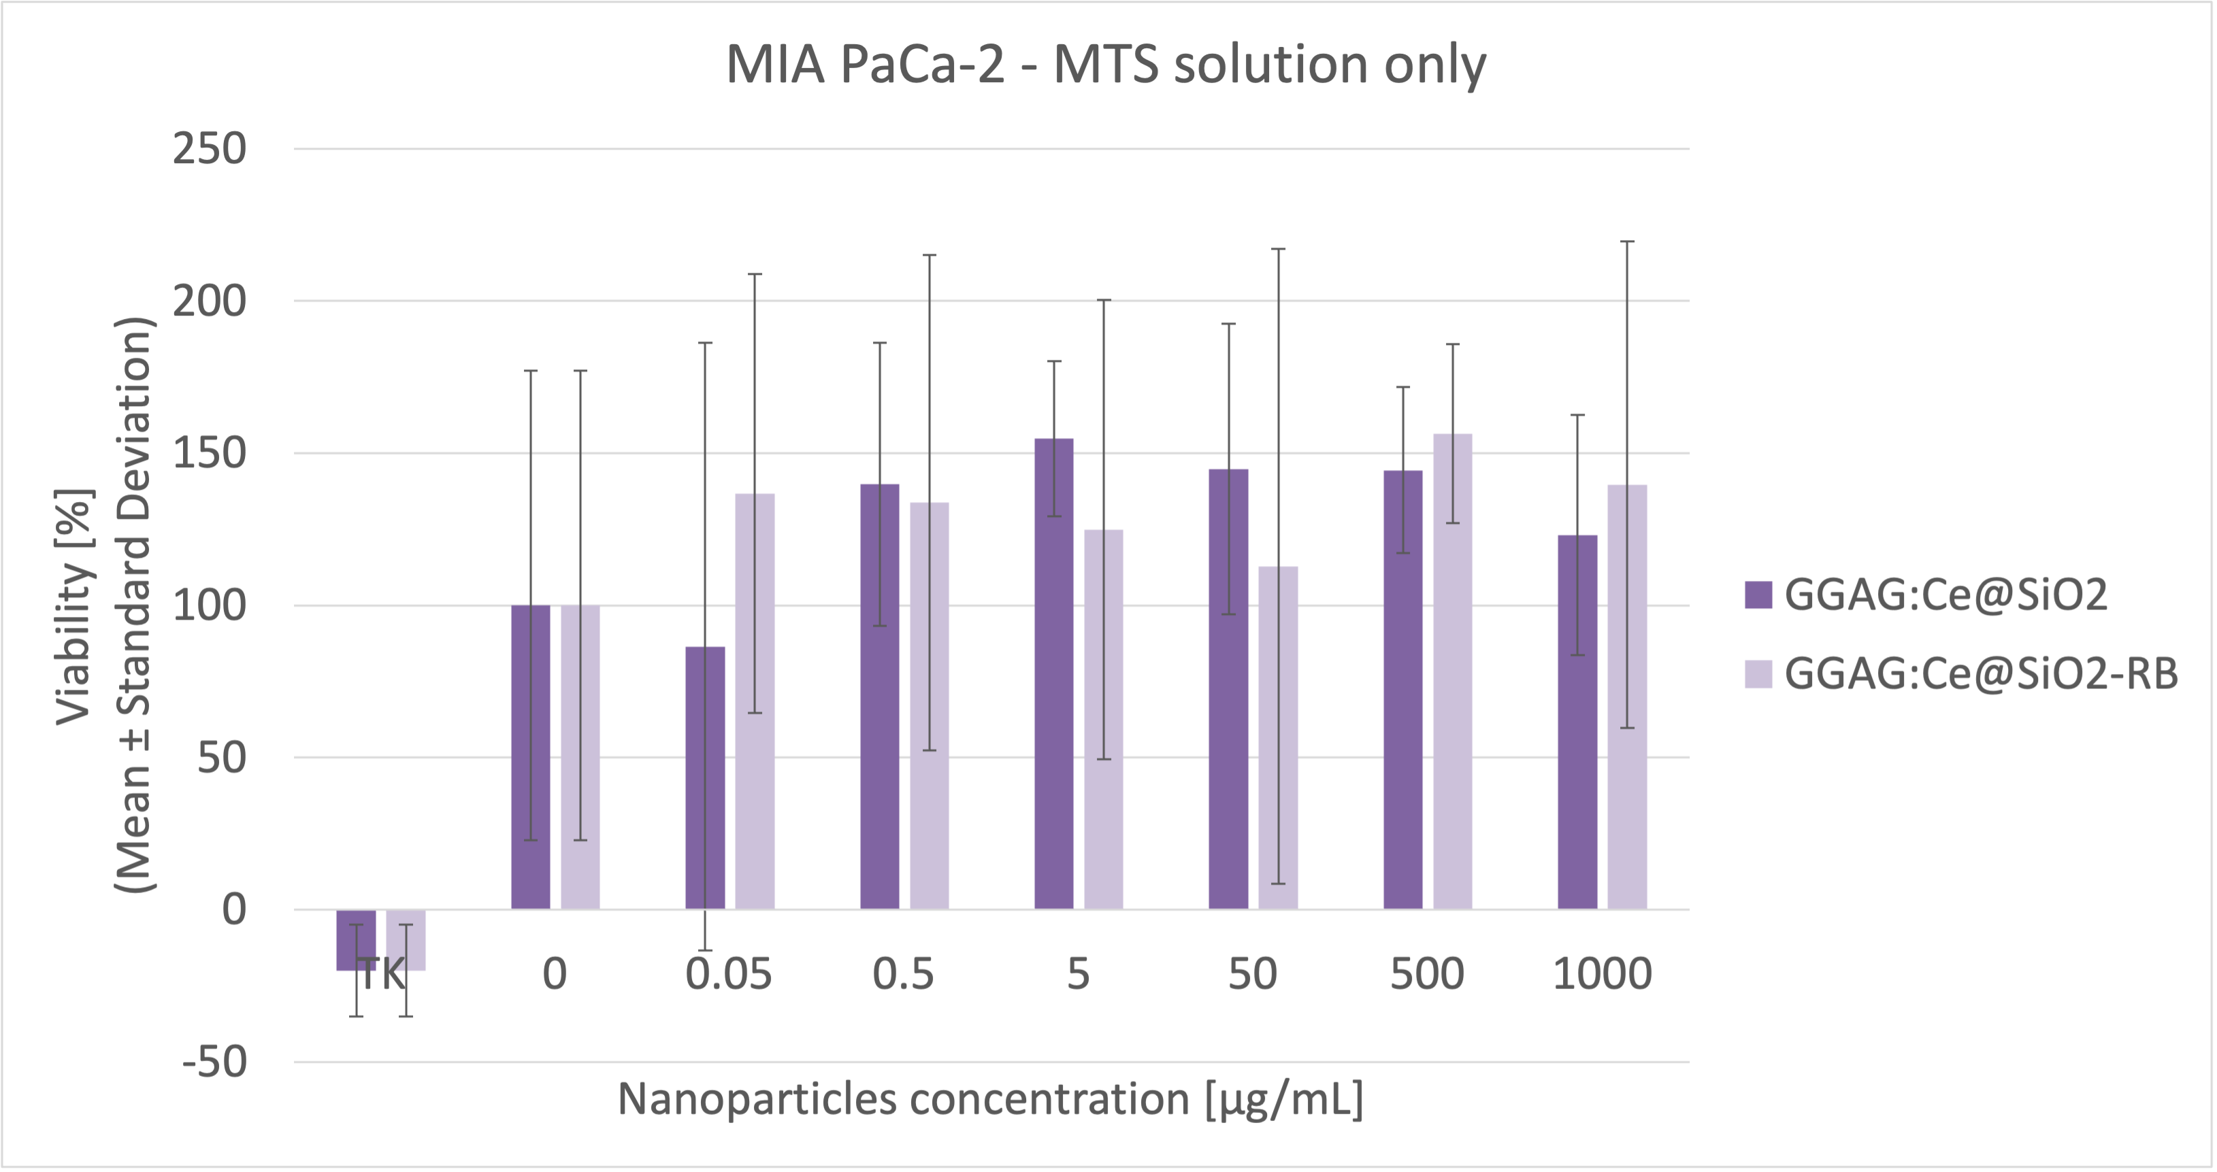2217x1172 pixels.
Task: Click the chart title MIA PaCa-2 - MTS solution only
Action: (1106, 65)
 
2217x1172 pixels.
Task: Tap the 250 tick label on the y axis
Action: (209, 149)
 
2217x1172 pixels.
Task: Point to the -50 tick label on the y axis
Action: (214, 1062)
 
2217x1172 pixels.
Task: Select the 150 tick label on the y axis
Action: (209, 454)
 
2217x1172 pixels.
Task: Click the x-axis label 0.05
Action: (729, 974)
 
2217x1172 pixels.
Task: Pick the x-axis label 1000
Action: (1603, 974)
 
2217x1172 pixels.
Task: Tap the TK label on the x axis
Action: (381, 974)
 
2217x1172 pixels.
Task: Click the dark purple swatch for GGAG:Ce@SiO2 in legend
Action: (1758, 595)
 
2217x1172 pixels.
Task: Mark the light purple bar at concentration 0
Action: (580, 757)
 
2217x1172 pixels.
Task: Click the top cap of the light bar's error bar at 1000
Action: (1628, 241)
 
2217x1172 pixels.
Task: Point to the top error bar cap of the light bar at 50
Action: (1278, 250)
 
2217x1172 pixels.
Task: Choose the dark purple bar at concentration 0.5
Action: (880, 697)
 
